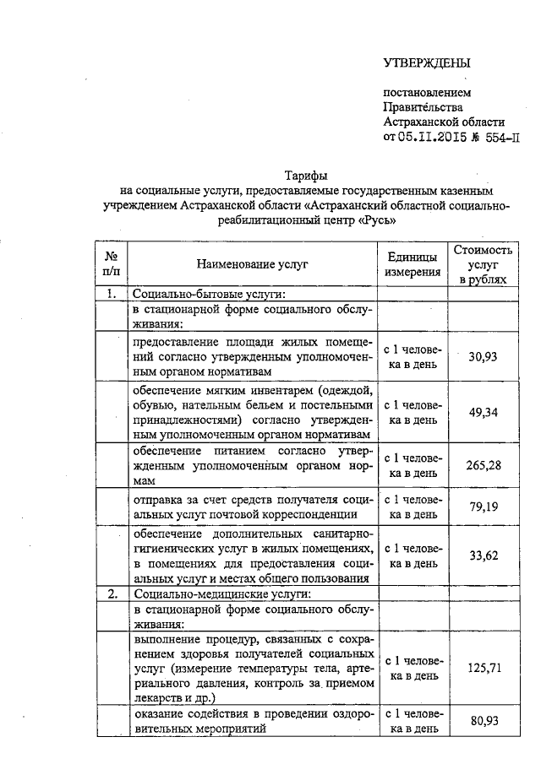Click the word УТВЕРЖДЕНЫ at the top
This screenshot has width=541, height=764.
(427, 62)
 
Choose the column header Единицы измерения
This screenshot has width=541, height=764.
(413, 264)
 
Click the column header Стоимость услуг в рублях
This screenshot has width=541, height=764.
(484, 264)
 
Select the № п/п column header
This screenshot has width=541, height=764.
(112, 264)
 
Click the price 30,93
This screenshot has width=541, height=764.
(484, 356)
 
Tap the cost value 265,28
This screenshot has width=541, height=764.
(484, 465)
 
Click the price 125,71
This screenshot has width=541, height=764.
(484, 667)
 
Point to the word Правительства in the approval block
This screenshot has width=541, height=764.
(423, 107)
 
